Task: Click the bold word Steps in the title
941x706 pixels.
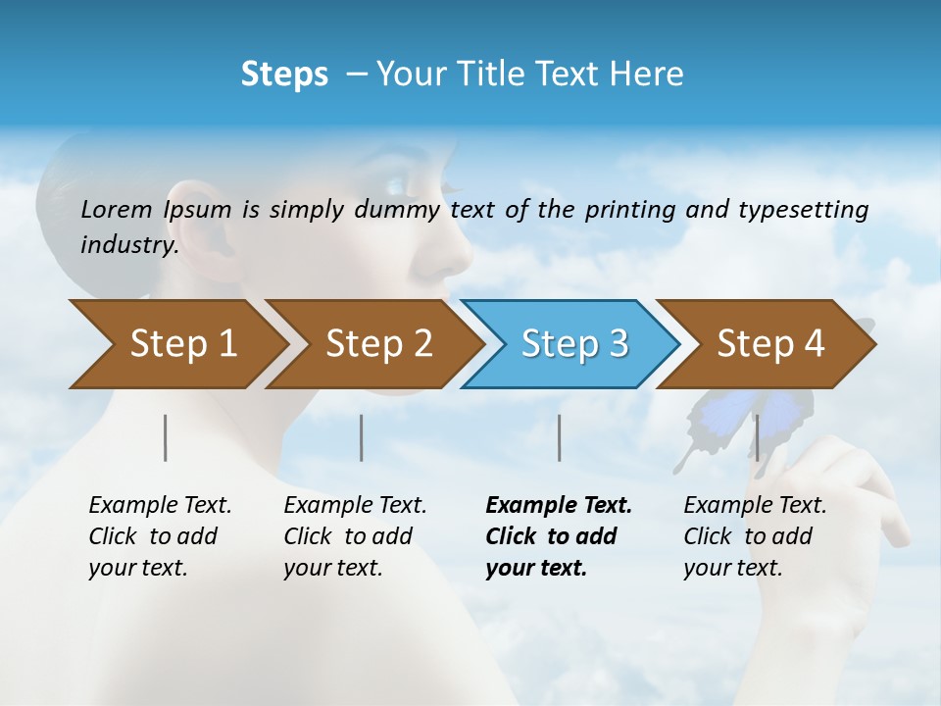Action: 284,75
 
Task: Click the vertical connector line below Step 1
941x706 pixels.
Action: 166,437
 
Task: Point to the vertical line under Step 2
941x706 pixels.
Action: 362,437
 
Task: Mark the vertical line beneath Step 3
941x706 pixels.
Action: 559,437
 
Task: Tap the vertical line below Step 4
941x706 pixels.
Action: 757,437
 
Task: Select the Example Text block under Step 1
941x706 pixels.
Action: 160,536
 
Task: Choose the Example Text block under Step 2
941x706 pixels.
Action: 355,536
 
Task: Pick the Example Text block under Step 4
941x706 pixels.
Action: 755,536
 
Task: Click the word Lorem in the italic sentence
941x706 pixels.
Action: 117,209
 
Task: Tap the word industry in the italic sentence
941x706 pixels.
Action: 128,245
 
